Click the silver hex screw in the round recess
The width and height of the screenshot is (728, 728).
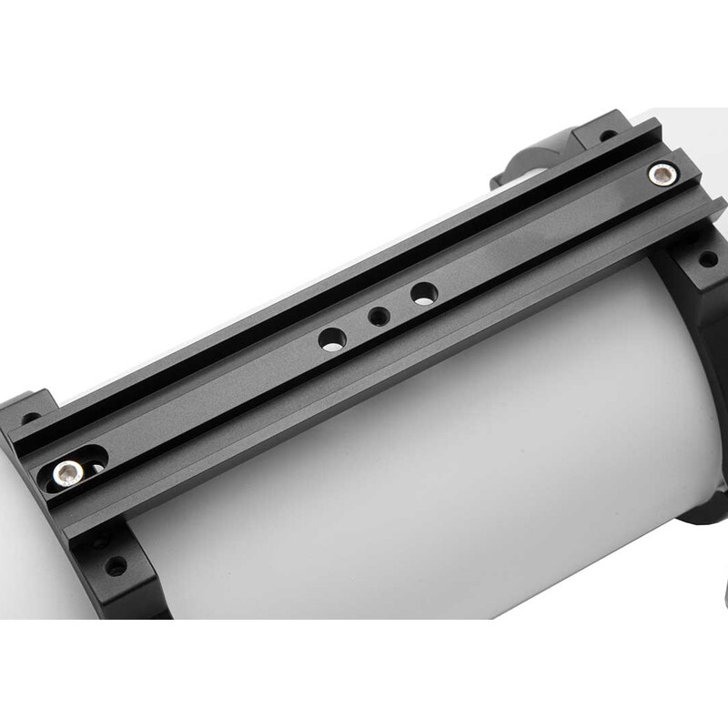coord(662,173)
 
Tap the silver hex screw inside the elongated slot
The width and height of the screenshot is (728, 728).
coord(68,470)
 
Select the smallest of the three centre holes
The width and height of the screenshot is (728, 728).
coord(379,317)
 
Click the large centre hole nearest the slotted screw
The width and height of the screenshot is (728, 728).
coord(332,339)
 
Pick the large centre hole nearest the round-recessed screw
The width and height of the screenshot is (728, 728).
coord(423,293)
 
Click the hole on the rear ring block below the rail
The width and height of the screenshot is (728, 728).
coord(707,258)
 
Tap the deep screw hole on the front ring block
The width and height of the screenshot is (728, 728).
coord(116,566)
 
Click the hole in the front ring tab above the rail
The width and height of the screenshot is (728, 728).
coord(31,419)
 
